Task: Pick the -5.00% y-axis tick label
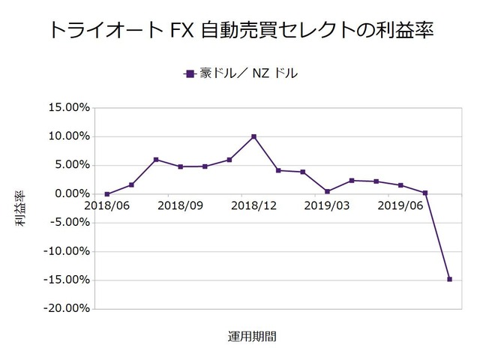pyautogui.click(x=68, y=223)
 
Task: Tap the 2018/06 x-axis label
pyautogui.click(x=107, y=205)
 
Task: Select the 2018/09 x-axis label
pyautogui.click(x=181, y=205)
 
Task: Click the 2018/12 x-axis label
pyautogui.click(x=254, y=205)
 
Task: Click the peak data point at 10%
pyautogui.click(x=254, y=136)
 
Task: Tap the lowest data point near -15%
pyautogui.click(x=449, y=279)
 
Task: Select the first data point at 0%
pyautogui.click(x=107, y=194)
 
